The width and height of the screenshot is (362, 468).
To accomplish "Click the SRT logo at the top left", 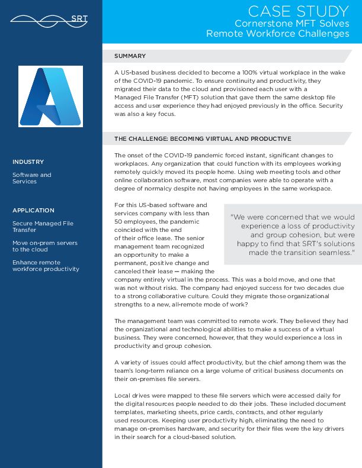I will (49, 18).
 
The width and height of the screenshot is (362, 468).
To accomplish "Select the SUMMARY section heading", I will (130, 56).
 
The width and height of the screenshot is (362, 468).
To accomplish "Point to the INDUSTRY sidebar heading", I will (28, 162).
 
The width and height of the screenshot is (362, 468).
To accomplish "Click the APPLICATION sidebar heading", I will (33, 210).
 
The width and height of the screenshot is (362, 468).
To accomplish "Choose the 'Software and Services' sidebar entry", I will (32, 178).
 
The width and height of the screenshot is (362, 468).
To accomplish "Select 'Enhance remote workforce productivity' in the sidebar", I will (46, 266).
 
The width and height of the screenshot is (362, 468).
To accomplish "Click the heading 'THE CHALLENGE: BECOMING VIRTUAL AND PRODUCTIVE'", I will (203, 138).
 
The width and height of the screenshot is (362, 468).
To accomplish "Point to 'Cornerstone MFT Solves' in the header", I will (291, 23).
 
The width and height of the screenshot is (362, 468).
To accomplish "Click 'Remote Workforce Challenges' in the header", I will (277, 34).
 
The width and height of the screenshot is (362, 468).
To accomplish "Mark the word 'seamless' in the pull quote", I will (335, 253).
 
